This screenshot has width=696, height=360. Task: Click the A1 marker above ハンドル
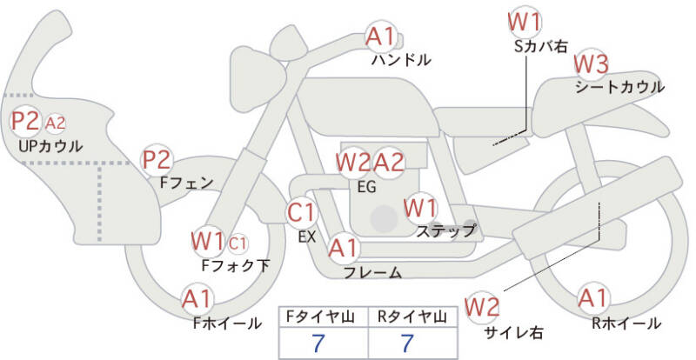[x=380, y=37]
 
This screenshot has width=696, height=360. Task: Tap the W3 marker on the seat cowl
[x=592, y=65]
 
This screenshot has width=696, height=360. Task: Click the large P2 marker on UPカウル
[x=25, y=121]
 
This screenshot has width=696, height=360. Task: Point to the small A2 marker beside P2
[x=56, y=123]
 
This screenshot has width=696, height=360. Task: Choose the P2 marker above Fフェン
[x=157, y=160]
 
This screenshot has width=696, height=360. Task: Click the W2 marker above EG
[x=353, y=163]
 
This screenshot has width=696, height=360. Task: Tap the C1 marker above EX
[x=301, y=213]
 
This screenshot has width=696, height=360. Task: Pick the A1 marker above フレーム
[x=343, y=249]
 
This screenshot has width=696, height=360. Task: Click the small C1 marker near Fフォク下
[x=238, y=243]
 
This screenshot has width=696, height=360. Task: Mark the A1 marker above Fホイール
[x=197, y=299]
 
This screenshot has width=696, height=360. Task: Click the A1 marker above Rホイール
[x=593, y=298]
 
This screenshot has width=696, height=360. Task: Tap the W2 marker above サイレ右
[x=482, y=307]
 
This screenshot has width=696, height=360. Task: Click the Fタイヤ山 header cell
[x=323, y=317]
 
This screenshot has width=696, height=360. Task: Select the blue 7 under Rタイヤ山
[x=407, y=343]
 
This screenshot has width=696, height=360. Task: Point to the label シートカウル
[x=619, y=88]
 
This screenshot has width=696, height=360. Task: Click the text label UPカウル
[x=50, y=146]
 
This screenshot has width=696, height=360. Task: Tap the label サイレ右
[x=514, y=332]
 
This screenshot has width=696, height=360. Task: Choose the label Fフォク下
[x=236, y=265]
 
